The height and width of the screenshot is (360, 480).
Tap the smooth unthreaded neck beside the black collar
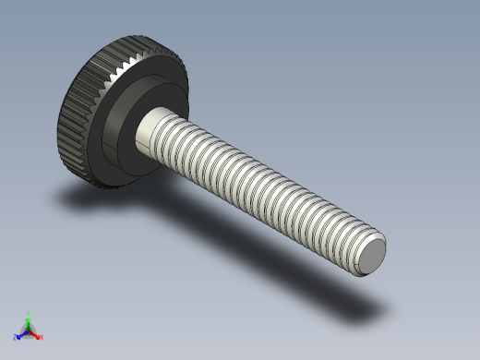(x=152, y=129)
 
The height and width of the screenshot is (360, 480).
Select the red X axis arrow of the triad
(x=36, y=334)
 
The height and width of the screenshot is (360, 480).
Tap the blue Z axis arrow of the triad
(x=21, y=334)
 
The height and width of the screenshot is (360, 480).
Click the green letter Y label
(x=29, y=313)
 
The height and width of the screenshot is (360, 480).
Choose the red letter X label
(x=42, y=337)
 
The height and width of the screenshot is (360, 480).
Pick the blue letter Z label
(x=16, y=338)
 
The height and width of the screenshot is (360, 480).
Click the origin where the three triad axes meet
(x=29, y=330)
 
